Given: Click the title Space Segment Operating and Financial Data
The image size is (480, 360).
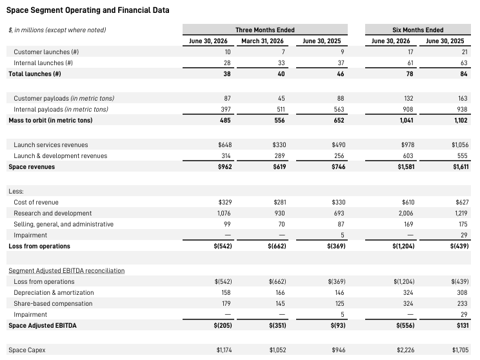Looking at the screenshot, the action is click(x=88, y=10).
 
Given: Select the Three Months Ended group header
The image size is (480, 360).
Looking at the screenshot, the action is click(x=265, y=30).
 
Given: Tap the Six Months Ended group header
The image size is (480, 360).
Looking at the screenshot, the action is click(x=418, y=30).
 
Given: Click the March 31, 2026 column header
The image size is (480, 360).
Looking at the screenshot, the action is click(x=263, y=41).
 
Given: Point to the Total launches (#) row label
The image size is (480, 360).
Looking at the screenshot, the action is click(x=35, y=74).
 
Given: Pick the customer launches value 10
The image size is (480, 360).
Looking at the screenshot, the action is click(x=228, y=52).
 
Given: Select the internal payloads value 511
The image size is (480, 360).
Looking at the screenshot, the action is click(x=281, y=109).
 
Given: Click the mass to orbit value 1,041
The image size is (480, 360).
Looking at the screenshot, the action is click(x=406, y=120).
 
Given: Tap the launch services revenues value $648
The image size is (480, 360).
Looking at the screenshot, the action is click(x=225, y=145).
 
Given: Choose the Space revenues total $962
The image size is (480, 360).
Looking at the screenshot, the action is click(x=225, y=167).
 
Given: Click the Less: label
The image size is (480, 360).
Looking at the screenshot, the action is click(x=16, y=192).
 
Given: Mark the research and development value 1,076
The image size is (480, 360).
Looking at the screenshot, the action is click(x=224, y=214).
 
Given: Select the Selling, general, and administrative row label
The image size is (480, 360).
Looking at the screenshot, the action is click(x=64, y=225).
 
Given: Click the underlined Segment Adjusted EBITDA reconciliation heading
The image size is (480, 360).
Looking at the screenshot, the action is click(x=66, y=270).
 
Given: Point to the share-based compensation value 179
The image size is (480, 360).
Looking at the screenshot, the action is click(x=226, y=304).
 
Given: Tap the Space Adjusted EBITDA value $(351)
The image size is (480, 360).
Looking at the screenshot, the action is click(x=277, y=325).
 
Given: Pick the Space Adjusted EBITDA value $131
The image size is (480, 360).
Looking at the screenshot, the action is click(x=463, y=325).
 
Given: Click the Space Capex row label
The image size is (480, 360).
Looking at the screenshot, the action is click(x=27, y=350).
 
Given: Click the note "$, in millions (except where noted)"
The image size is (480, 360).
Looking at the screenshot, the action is click(x=57, y=30).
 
